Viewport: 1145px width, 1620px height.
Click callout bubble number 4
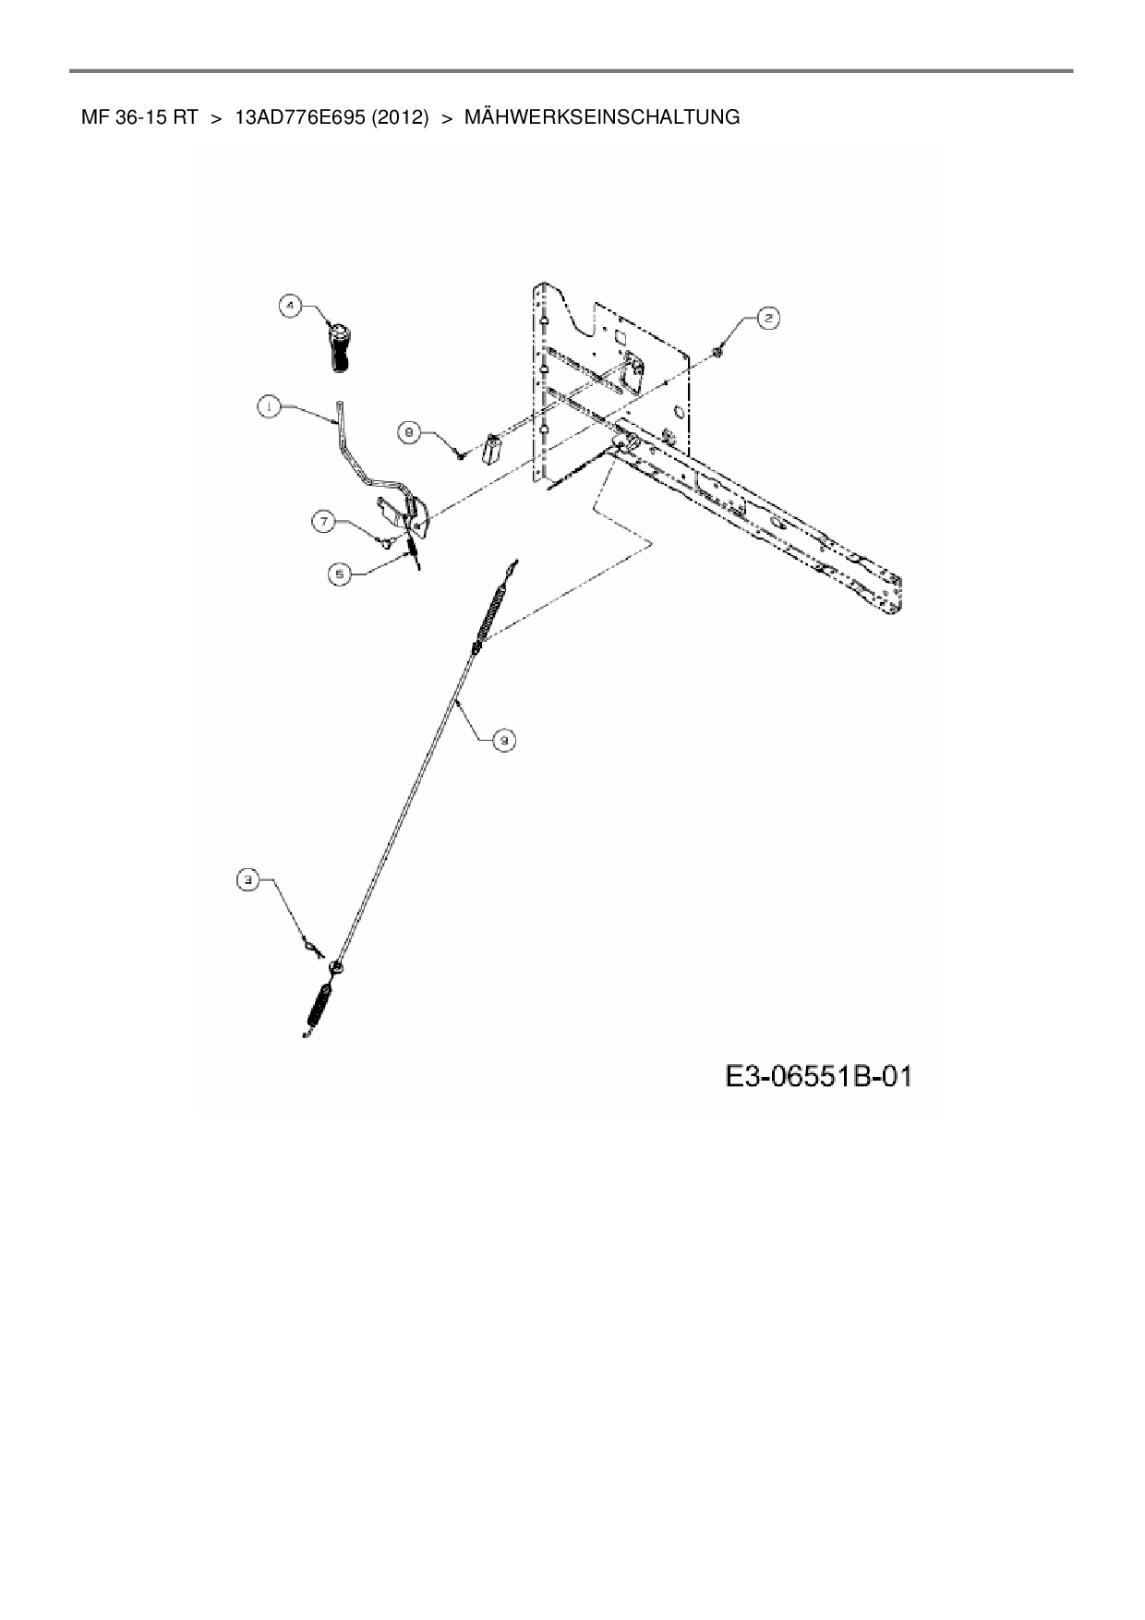(291, 306)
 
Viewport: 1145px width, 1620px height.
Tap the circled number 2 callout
(768, 319)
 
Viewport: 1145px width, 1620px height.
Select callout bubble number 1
(268, 407)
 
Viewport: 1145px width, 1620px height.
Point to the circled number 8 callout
(410, 429)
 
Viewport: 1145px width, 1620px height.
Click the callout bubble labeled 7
(323, 522)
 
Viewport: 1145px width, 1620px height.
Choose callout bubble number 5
(341, 574)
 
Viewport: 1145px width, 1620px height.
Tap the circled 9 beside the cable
(504, 739)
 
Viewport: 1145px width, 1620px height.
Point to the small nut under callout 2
(719, 352)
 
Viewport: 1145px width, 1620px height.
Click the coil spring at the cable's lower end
(319, 1007)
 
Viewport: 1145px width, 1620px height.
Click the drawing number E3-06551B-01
(819, 1076)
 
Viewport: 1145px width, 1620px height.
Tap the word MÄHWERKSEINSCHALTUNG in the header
(602, 117)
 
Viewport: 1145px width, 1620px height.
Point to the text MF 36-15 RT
(139, 117)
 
